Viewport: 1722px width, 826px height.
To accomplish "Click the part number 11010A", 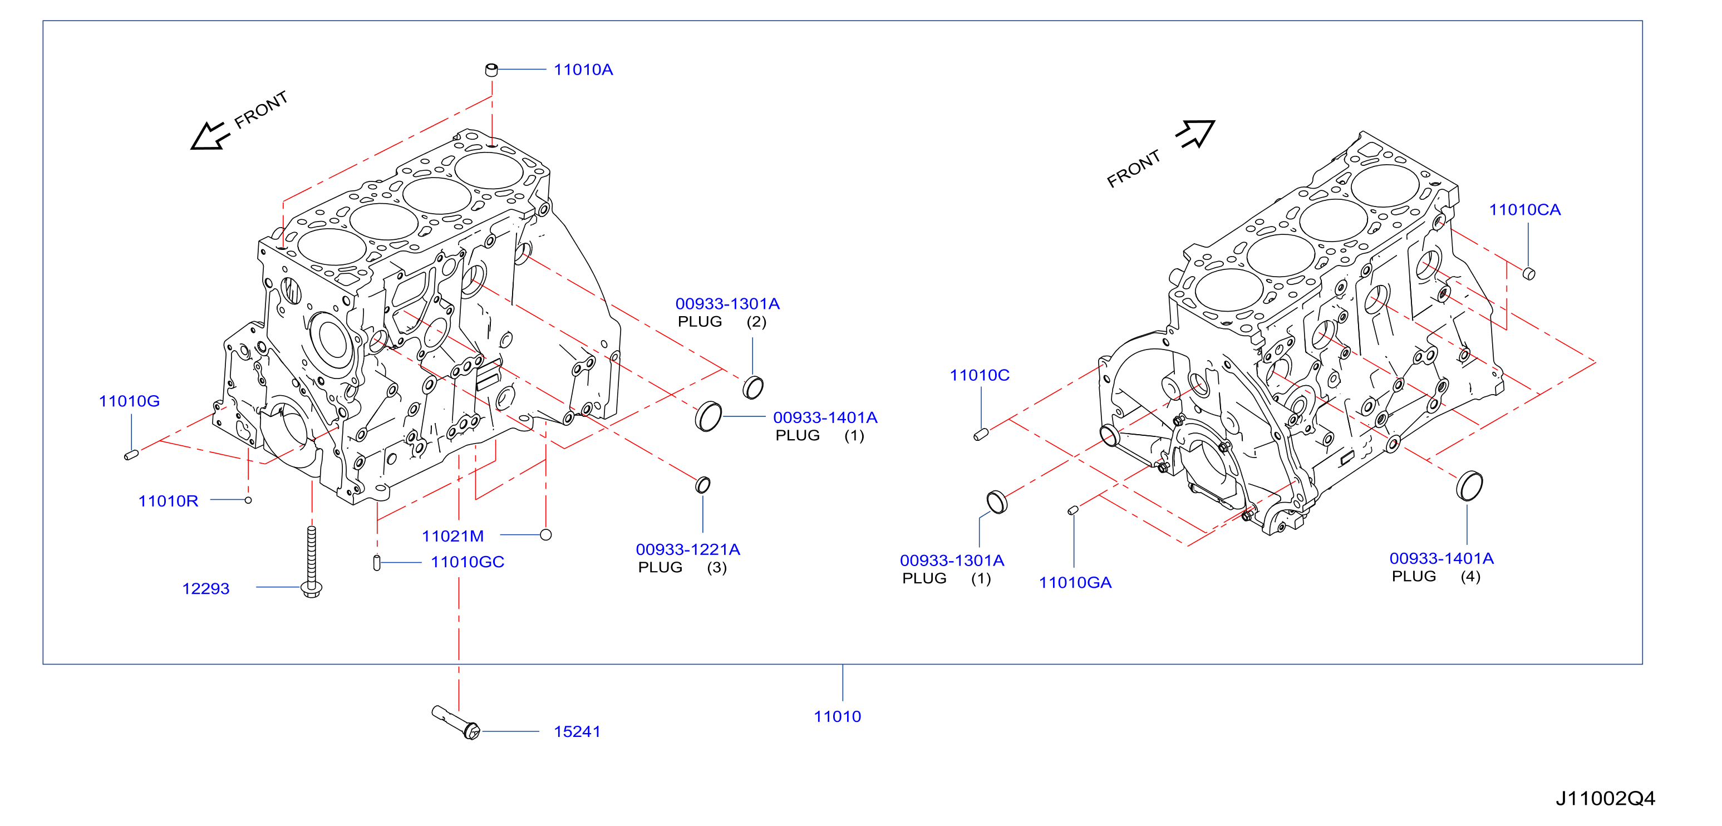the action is pyautogui.click(x=583, y=70).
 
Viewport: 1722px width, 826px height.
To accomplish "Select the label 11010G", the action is pyautogui.click(x=129, y=401).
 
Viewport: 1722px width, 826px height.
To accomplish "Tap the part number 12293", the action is pyautogui.click(x=206, y=589).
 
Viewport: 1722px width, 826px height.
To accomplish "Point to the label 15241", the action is pyautogui.click(x=577, y=732).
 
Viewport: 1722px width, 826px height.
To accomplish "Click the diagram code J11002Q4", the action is pyautogui.click(x=1605, y=798).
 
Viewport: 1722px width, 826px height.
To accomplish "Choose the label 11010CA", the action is pyautogui.click(x=1525, y=210).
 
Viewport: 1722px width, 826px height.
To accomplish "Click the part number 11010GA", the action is pyautogui.click(x=1075, y=583).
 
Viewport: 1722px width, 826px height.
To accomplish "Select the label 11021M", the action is pyautogui.click(x=452, y=536).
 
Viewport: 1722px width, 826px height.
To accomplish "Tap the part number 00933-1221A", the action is pyautogui.click(x=688, y=549).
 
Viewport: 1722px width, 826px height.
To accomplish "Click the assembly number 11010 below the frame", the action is pyautogui.click(x=837, y=716).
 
